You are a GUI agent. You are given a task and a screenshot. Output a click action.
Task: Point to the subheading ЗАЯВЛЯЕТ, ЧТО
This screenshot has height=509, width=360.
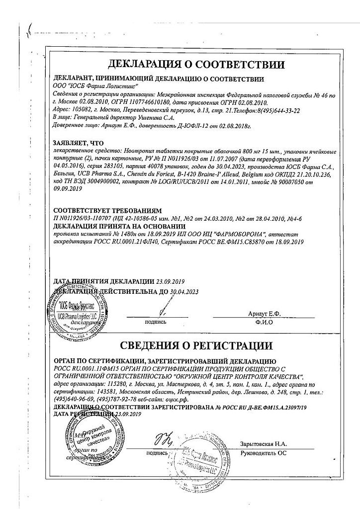(x=78, y=142)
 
